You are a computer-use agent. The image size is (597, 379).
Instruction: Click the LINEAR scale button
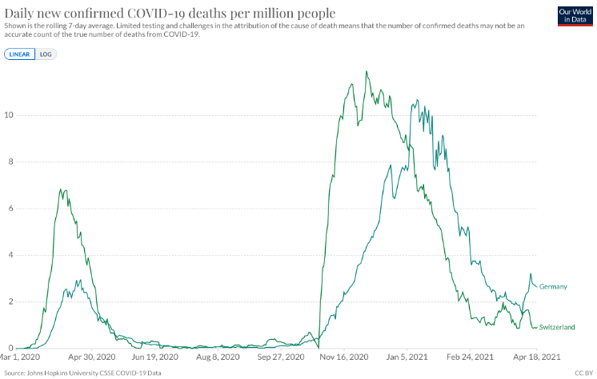point(19,54)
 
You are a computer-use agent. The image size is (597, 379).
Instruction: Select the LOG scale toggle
point(46,54)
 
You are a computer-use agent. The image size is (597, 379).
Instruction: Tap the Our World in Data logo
point(575,16)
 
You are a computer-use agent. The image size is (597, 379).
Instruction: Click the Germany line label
point(553,286)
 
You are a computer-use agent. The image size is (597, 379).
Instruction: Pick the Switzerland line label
point(557,327)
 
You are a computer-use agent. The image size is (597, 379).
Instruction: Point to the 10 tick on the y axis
point(8,115)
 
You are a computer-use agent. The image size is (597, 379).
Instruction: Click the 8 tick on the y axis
point(10,162)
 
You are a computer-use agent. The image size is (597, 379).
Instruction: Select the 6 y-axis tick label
point(10,208)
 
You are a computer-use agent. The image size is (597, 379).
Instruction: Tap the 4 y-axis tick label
point(10,255)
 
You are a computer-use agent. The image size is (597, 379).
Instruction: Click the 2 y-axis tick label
point(10,301)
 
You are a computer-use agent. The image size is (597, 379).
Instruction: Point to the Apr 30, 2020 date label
point(92,357)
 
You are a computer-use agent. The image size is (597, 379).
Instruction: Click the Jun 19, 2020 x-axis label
point(154,357)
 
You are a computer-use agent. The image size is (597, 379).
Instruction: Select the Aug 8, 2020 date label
point(218,357)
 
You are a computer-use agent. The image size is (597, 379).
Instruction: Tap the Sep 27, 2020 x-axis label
point(281,357)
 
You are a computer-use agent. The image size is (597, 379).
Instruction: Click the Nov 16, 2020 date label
point(344,357)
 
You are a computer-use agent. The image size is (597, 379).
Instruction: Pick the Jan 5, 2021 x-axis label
point(407,357)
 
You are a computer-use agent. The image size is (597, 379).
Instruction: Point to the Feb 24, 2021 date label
point(470,357)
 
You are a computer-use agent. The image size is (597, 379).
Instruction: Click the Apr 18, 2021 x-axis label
point(537,357)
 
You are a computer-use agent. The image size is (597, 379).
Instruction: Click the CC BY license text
point(583,373)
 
